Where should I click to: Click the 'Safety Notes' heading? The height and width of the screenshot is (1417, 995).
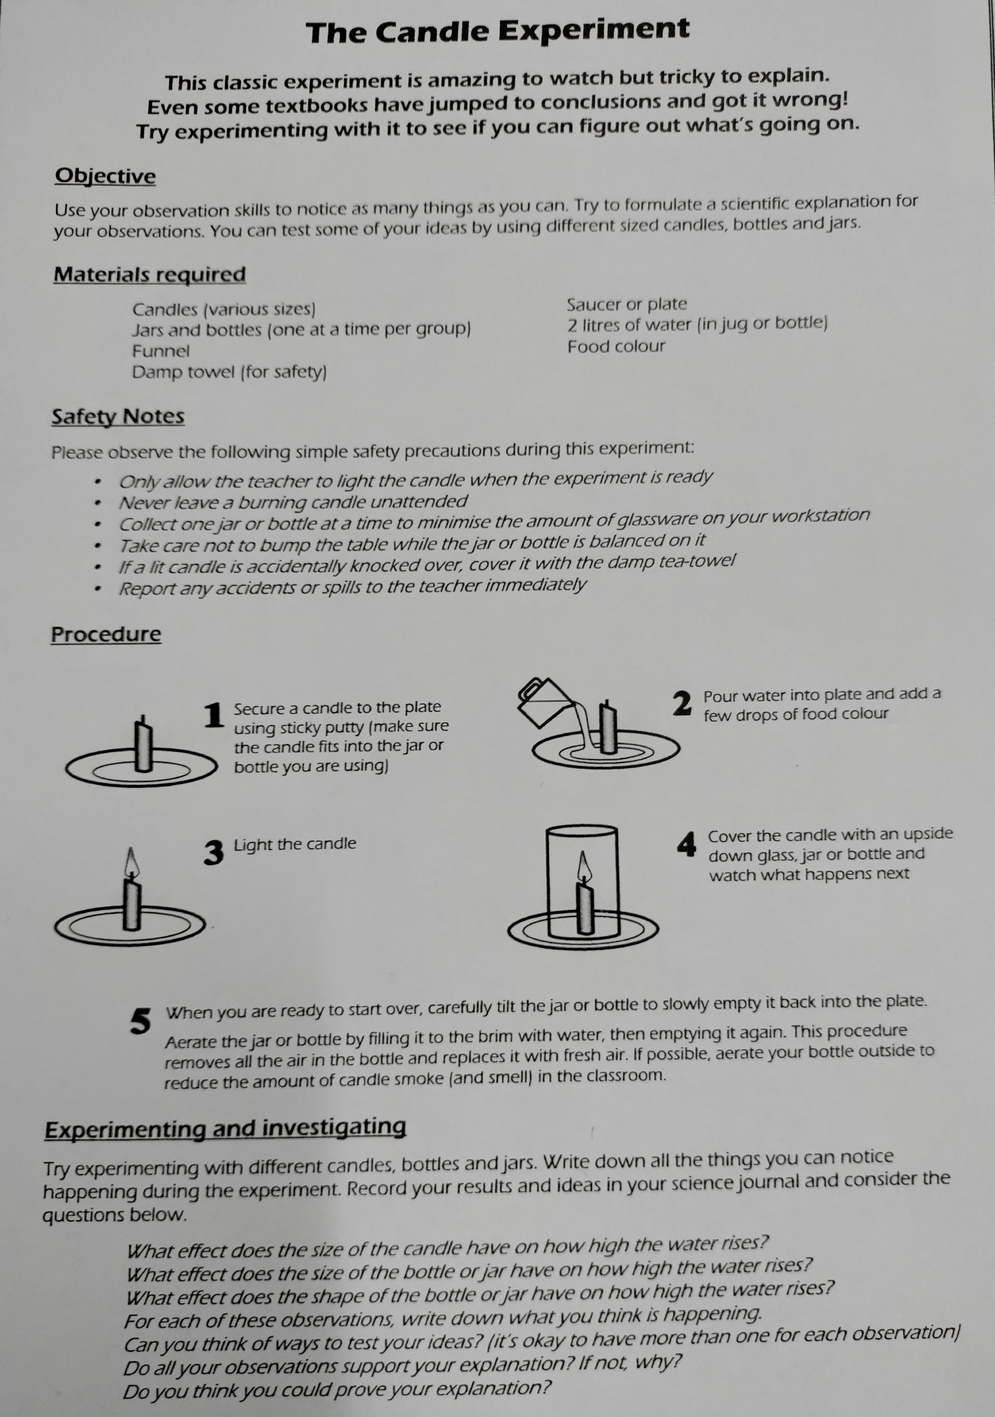coord(118,417)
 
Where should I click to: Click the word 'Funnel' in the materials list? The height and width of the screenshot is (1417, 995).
coord(160,351)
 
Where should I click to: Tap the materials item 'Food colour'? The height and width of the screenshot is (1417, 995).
coord(616,346)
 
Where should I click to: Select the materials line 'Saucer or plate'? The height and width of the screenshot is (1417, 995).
coord(627,304)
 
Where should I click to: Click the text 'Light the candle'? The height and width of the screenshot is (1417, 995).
coord(295,844)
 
